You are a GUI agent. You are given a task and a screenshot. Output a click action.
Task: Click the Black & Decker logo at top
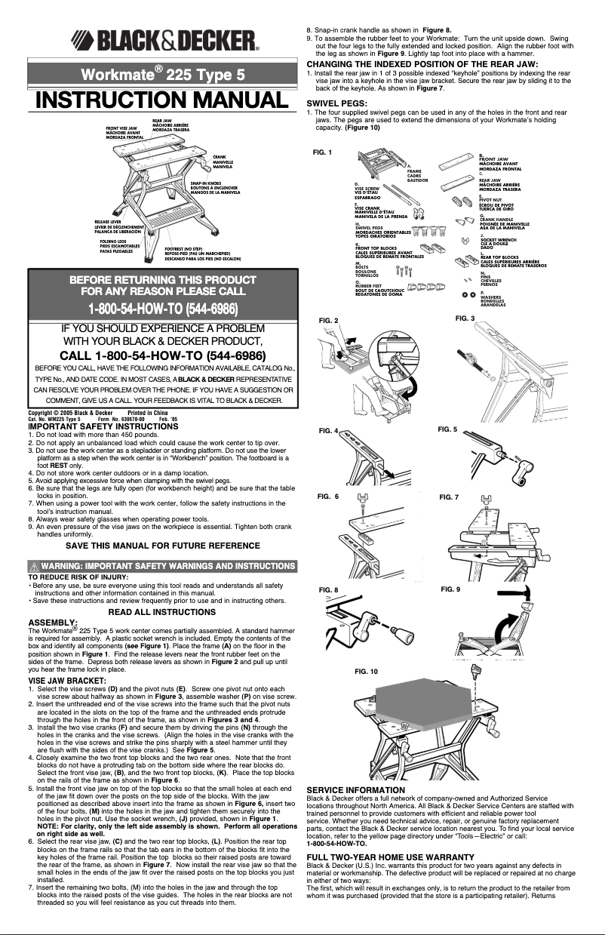164,39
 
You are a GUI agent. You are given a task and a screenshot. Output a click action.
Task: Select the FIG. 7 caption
449,497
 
